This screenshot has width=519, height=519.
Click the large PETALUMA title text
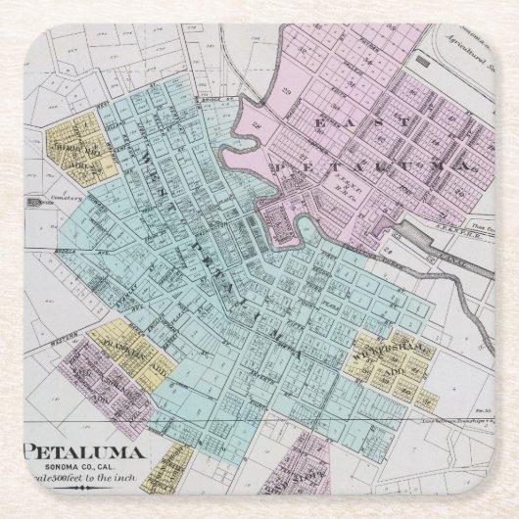point(85,451)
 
